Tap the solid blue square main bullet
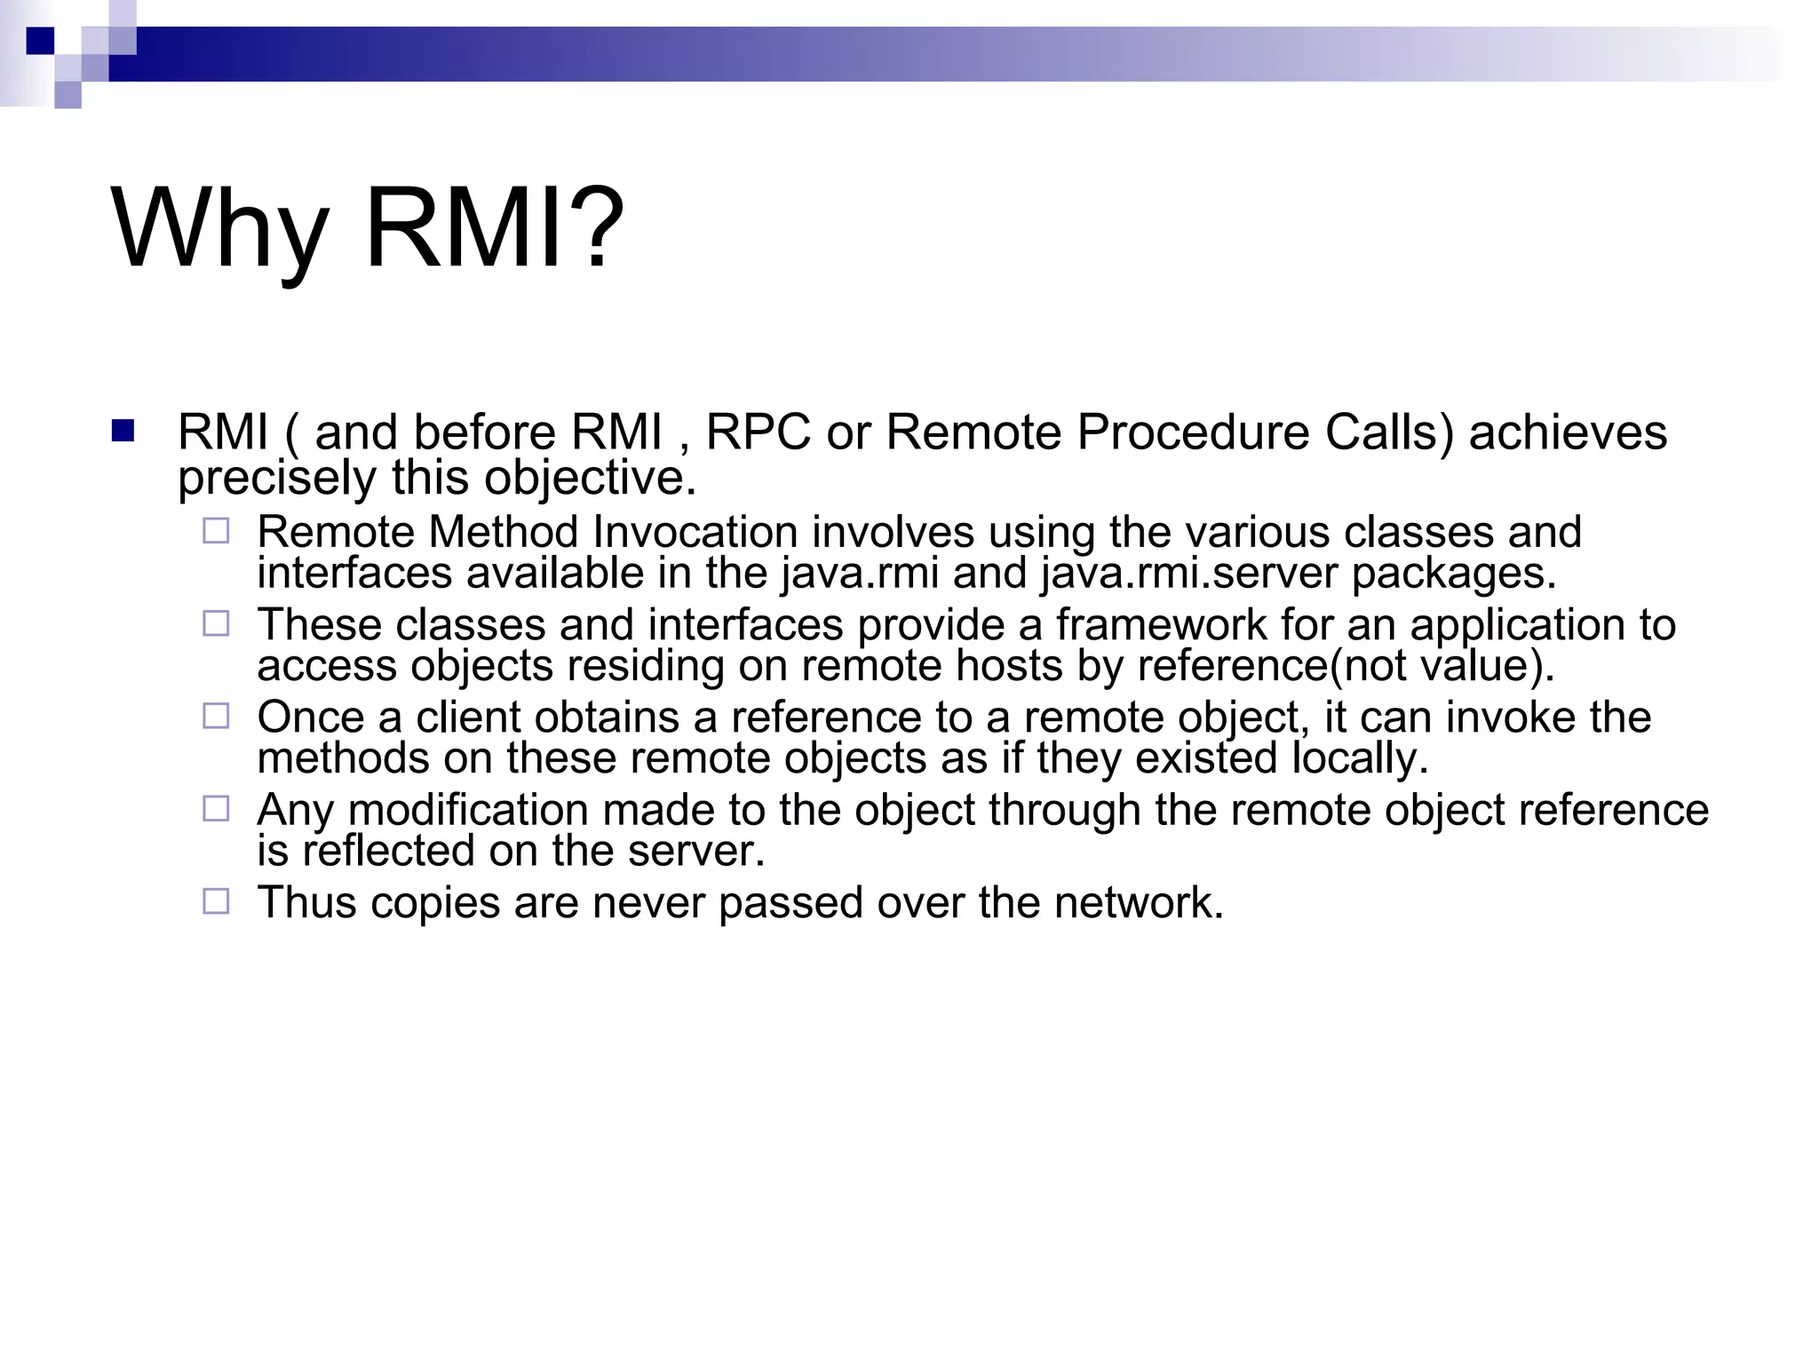pyautogui.click(x=123, y=432)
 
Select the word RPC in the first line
pyautogui.click(x=758, y=432)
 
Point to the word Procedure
pyautogui.click(x=1193, y=432)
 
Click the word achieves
pyautogui.click(x=1568, y=432)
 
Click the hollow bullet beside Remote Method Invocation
pyautogui.click(x=216, y=531)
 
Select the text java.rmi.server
pyautogui.click(x=1189, y=574)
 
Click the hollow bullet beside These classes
pyautogui.click(x=216, y=623)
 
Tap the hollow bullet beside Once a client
pyautogui.click(x=216, y=716)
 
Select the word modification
pyautogui.click(x=467, y=810)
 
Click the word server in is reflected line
pyautogui.click(x=695, y=852)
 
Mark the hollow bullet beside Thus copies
pyautogui.click(x=216, y=901)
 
